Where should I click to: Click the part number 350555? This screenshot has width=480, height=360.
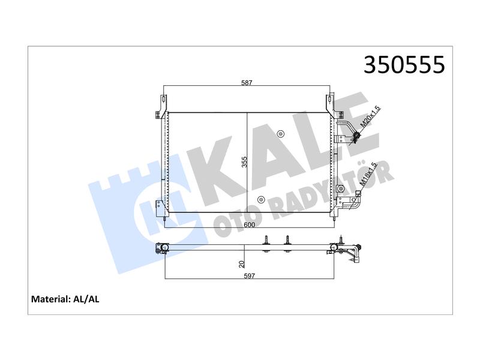[404, 65]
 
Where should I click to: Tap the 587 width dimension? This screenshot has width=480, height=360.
[247, 83]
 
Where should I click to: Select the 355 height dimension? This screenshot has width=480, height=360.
[244, 162]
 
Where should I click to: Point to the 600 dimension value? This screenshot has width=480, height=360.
[249, 225]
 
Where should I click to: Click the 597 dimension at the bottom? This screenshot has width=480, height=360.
[249, 276]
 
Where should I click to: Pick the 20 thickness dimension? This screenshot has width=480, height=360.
[242, 264]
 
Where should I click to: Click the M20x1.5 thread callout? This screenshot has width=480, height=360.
[370, 116]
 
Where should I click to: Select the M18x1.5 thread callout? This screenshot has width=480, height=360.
[368, 173]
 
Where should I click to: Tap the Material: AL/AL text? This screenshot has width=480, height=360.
[65, 299]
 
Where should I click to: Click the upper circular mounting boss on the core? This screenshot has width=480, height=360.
[280, 134]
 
